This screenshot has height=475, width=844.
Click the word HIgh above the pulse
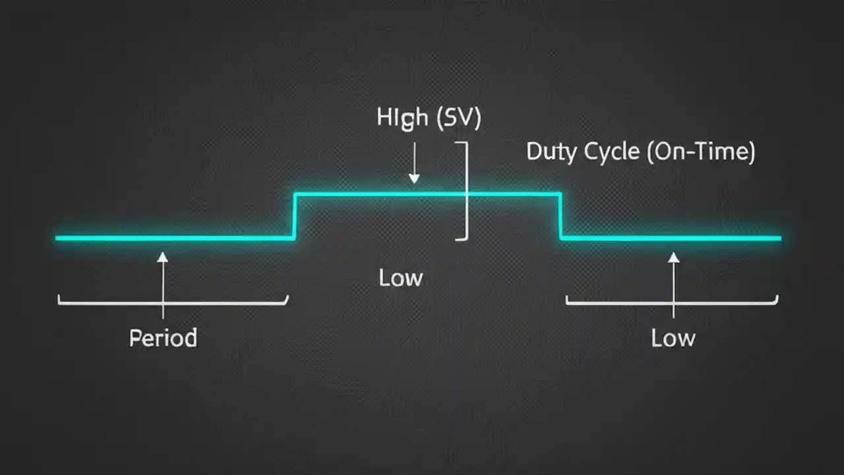[x=403, y=119]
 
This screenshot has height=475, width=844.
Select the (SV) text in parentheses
[x=459, y=118]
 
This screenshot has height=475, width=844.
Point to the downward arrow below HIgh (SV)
[x=414, y=165]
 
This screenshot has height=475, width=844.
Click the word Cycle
[x=613, y=152]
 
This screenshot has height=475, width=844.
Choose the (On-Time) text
[x=701, y=152]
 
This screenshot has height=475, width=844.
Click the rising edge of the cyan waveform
[x=295, y=216]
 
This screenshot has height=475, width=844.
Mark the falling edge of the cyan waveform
[x=560, y=216]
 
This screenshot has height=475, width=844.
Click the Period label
[x=163, y=338]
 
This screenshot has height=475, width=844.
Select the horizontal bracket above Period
[x=173, y=303]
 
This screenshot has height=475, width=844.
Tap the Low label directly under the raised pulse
[x=400, y=278]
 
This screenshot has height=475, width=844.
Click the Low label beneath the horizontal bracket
[x=673, y=338]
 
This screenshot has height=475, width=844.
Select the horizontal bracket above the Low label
[x=672, y=303]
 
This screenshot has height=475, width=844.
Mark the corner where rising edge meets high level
[x=295, y=194]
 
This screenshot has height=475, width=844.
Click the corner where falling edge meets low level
[x=561, y=237]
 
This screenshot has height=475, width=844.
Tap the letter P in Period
[x=135, y=338]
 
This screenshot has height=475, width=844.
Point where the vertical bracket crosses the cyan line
[x=466, y=194]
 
